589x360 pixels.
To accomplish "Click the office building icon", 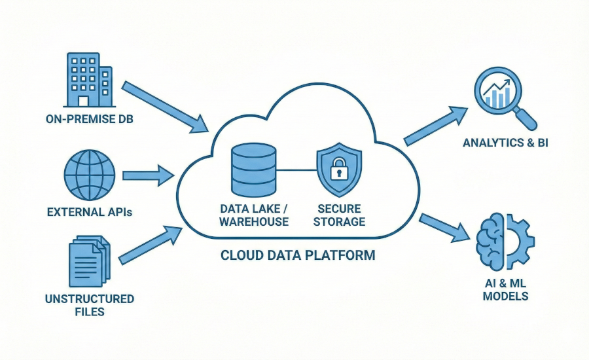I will pos(89,79).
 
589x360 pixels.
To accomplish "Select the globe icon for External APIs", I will pos(89,175).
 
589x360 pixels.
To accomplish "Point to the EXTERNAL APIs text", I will pos(89,212).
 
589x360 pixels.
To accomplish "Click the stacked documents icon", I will pos(89,261).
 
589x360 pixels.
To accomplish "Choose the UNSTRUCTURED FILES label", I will pos(89,305).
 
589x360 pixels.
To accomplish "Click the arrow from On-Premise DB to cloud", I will pos(164,104).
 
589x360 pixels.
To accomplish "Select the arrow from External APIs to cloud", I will pos(147,175).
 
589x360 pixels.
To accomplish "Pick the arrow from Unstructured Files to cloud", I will pos(151,243).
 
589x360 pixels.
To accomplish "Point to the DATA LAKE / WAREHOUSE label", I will pos(254,215).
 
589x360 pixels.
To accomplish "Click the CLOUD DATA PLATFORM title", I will pos(298,255).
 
